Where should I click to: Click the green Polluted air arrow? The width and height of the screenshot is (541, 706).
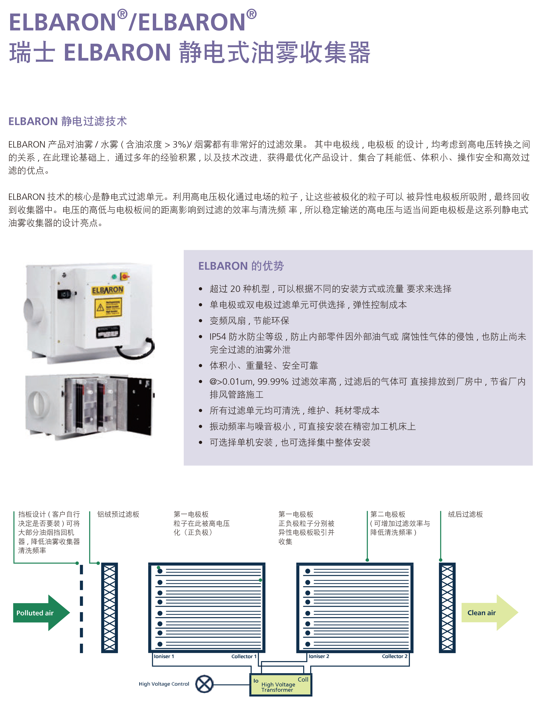point(41,613)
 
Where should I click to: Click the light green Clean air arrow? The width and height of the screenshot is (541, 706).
point(490,613)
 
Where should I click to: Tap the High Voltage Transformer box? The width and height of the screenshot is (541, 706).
point(281,685)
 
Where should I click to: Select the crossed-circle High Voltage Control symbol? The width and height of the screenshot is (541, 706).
point(204,684)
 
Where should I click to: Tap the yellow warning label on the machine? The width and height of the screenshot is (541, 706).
point(108,308)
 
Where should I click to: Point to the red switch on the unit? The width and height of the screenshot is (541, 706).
point(125,276)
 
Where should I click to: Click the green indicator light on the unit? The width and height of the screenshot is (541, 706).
point(114,276)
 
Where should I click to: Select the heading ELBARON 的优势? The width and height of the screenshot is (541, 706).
point(241,266)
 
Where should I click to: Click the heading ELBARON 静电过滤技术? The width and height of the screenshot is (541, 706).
point(68,121)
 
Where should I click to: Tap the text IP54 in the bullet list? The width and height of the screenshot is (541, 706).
point(218,337)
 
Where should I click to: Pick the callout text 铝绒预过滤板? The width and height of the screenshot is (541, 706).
point(118,514)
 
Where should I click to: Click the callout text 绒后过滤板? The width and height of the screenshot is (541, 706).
point(465,514)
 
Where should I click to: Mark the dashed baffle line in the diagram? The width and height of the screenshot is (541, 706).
point(81,609)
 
